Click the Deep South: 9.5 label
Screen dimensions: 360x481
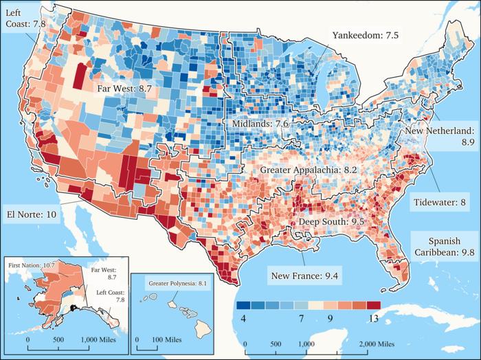pos(331,223)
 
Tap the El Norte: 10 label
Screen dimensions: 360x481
pos(33,214)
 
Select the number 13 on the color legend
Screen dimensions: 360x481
pos(372,319)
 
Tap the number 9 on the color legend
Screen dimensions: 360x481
pos(332,319)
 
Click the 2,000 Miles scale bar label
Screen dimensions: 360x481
pos(375,343)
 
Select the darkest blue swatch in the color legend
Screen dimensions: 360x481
pos(242,306)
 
